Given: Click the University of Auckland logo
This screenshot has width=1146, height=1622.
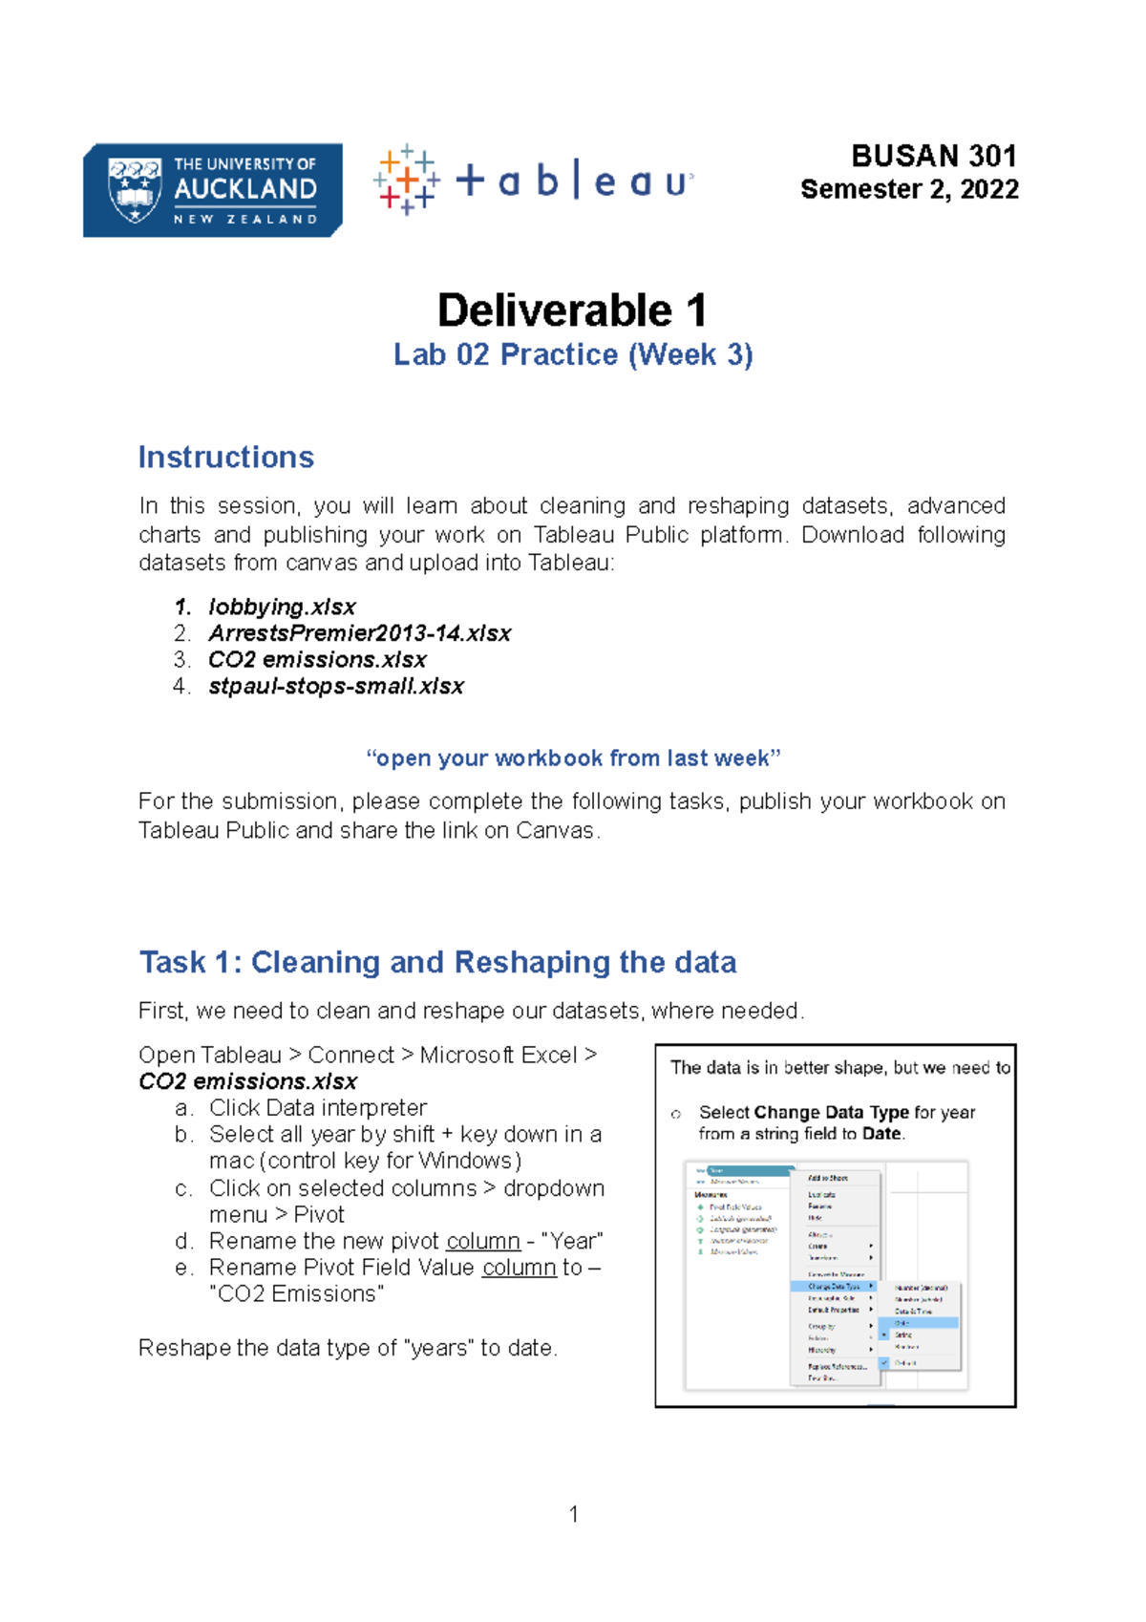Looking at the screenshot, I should pos(212,190).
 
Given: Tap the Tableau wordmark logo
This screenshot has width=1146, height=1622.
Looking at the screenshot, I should pos(534,180).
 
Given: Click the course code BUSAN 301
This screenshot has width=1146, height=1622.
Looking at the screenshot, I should pos(933,156).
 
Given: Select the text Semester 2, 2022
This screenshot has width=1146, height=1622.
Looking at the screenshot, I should pos(909,189).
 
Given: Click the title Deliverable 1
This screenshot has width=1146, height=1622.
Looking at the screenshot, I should pos(572,310).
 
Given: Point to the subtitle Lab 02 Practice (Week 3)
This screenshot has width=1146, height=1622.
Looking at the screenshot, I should pos(573,354).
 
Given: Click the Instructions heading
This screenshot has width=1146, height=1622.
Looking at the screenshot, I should pos(226,457).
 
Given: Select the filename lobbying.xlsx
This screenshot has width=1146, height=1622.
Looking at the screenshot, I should pos(282,607).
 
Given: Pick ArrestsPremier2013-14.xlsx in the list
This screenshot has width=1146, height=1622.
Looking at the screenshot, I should pos(359,633).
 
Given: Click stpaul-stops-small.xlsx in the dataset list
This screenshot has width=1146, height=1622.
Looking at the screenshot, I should pos(336,686).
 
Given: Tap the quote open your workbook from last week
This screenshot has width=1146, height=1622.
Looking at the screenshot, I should pos(573,758).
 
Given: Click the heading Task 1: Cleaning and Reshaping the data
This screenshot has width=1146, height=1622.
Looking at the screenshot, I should pos(437,962).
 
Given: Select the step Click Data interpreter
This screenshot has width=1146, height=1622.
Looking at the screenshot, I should pos(317,1107).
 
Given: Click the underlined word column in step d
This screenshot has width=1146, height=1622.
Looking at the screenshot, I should pos(482,1241).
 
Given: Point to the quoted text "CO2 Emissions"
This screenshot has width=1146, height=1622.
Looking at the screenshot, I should pos(297,1293).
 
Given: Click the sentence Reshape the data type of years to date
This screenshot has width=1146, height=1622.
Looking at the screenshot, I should pos(348,1348).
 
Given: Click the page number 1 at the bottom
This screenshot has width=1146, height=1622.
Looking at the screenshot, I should pos(573,1514).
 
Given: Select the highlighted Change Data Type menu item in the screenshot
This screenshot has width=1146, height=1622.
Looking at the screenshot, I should pos(834,1287).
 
